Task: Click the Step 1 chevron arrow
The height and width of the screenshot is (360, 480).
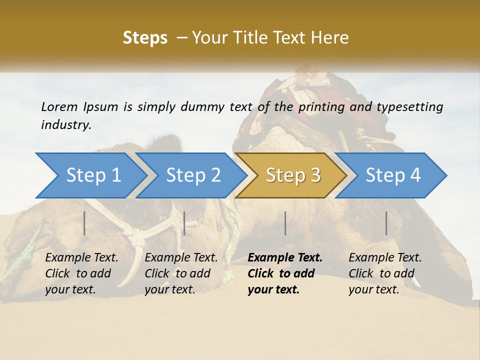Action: (x=90, y=175)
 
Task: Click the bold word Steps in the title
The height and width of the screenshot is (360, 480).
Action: (x=145, y=37)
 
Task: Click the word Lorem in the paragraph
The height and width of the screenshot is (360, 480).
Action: (x=59, y=106)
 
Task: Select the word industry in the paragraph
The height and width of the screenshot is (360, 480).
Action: (x=65, y=125)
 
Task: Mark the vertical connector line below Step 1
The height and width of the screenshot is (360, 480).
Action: (x=84, y=223)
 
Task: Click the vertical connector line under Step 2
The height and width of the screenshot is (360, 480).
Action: (x=184, y=223)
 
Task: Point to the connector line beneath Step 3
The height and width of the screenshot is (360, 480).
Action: (x=285, y=223)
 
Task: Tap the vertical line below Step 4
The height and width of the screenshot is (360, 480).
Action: (x=386, y=223)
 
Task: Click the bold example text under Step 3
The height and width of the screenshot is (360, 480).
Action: (x=284, y=273)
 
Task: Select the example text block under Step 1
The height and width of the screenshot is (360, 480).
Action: (x=81, y=273)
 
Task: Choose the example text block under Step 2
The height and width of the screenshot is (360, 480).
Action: (x=181, y=273)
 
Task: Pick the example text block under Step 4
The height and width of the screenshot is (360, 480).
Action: (x=385, y=273)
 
